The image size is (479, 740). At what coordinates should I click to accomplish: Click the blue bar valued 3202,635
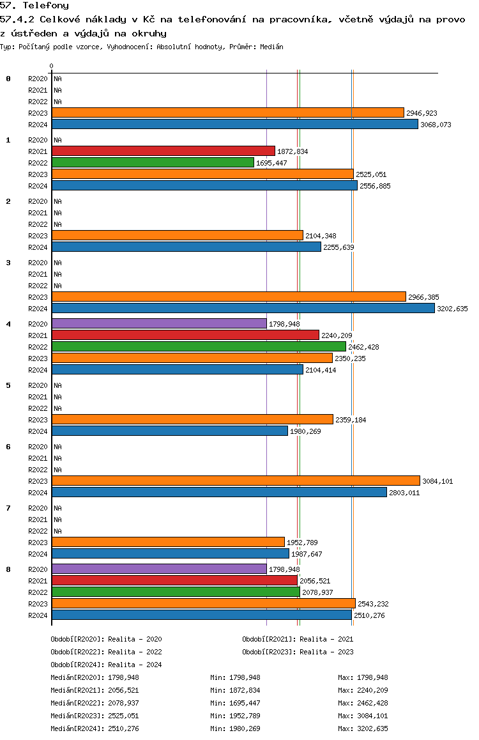(243, 308)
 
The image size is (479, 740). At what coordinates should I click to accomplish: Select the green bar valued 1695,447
(153, 162)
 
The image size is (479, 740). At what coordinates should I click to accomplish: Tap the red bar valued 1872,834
(163, 151)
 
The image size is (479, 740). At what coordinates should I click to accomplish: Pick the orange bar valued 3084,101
(236, 481)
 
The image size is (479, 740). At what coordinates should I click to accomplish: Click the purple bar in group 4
(160, 324)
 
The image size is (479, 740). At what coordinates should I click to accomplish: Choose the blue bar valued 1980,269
(170, 431)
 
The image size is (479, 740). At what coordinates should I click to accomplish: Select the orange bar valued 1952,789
(169, 543)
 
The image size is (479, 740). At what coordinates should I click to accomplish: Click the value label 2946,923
(422, 113)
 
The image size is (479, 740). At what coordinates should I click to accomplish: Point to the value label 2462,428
(363, 347)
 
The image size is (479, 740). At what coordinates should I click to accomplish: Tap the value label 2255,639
(338, 247)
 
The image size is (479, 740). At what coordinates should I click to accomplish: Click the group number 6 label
(8, 447)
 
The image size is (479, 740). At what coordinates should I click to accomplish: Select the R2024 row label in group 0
(38, 125)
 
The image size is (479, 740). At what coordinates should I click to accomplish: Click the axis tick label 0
(51, 66)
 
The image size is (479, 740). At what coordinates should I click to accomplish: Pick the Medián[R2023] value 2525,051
(123, 716)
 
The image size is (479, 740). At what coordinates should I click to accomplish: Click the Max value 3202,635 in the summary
(372, 728)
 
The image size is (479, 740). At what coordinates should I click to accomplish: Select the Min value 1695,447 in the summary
(245, 703)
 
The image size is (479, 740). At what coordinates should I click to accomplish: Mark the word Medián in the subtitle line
(271, 47)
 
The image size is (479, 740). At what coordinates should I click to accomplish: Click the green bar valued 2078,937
(176, 592)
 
